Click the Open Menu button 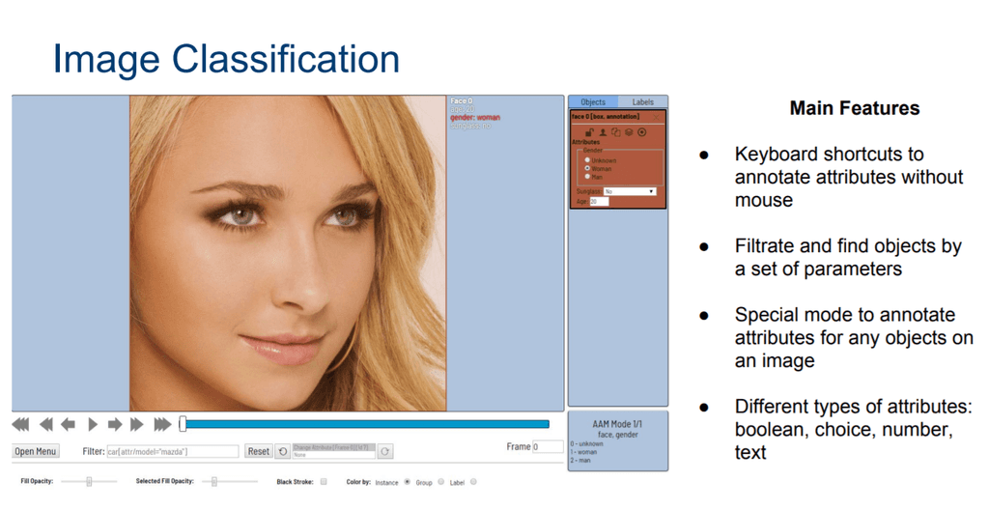(36, 451)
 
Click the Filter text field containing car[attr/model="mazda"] (173, 451)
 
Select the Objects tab (593, 101)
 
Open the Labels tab (642, 101)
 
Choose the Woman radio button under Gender (587, 168)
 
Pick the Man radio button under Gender (587, 176)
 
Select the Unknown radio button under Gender (587, 160)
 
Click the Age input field (599, 201)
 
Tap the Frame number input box (548, 447)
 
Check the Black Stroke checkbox (324, 481)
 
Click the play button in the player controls (93, 424)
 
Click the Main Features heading (854, 108)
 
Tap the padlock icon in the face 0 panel (588, 132)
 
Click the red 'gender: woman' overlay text (475, 118)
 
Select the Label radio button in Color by (473, 481)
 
